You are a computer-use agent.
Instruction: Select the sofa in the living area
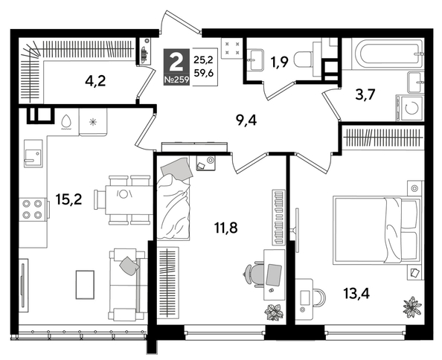[x=126, y=282]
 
